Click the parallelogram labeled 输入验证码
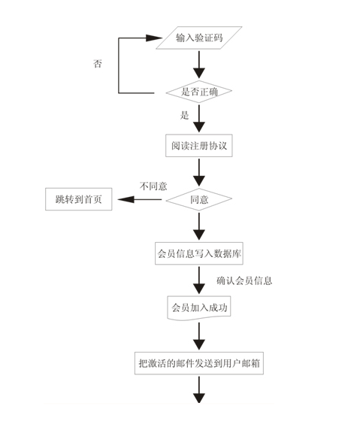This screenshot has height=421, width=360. pyautogui.click(x=199, y=38)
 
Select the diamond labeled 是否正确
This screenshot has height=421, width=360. pyautogui.click(x=199, y=92)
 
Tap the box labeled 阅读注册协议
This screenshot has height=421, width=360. pyautogui.click(x=199, y=146)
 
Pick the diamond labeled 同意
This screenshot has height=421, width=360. pyautogui.click(x=199, y=199)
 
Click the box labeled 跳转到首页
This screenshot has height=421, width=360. pyautogui.click(x=79, y=199)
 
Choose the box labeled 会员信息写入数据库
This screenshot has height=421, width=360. pyautogui.click(x=199, y=253)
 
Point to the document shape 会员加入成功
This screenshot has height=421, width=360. pyautogui.click(x=199, y=307)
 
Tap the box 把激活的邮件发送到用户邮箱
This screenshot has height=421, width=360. pyautogui.click(x=199, y=363)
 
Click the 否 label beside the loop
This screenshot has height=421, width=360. pyautogui.click(x=98, y=64)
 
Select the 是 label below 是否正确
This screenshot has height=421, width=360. pyautogui.click(x=184, y=116)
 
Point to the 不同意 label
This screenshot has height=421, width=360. pyautogui.click(x=153, y=186)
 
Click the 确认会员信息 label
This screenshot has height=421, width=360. pyautogui.click(x=244, y=281)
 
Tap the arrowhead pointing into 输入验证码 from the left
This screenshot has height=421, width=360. pyautogui.click(x=154, y=38)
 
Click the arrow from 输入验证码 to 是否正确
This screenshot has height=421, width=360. pyautogui.click(x=199, y=65)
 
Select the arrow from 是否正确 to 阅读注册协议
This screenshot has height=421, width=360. pyautogui.click(x=199, y=119)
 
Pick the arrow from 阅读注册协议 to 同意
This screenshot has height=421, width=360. pyautogui.click(x=199, y=173)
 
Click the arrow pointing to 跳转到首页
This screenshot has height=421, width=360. pyautogui.click(x=140, y=199)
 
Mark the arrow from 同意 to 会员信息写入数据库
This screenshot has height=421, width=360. pyautogui.click(x=199, y=226)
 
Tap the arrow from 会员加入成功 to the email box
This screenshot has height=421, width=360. pyautogui.click(x=199, y=337)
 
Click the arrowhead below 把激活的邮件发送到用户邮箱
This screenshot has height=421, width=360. pyautogui.click(x=199, y=398)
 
